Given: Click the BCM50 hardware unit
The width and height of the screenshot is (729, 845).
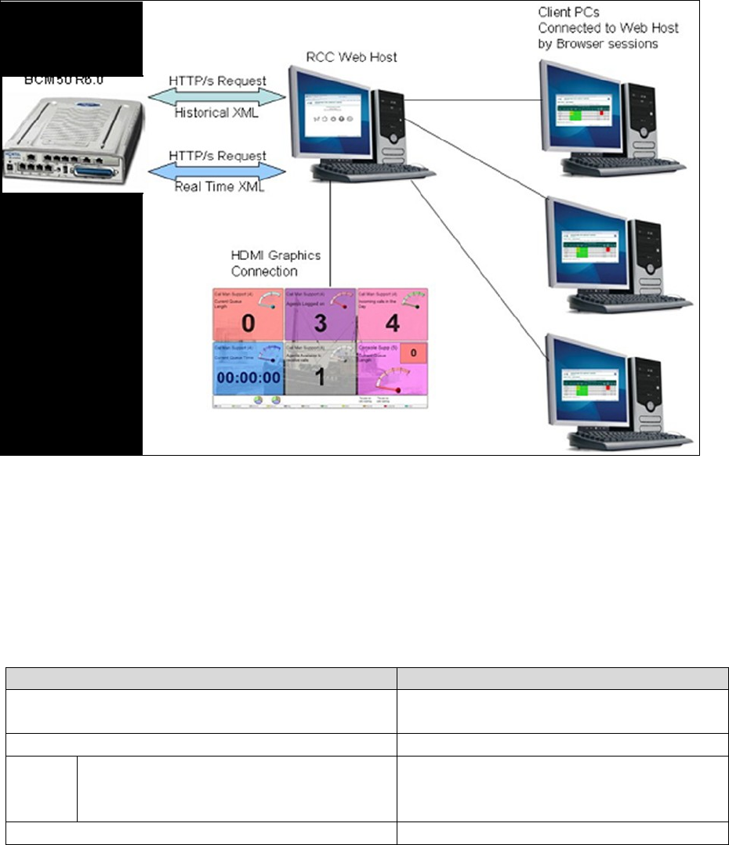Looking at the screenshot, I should [x=72, y=133].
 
